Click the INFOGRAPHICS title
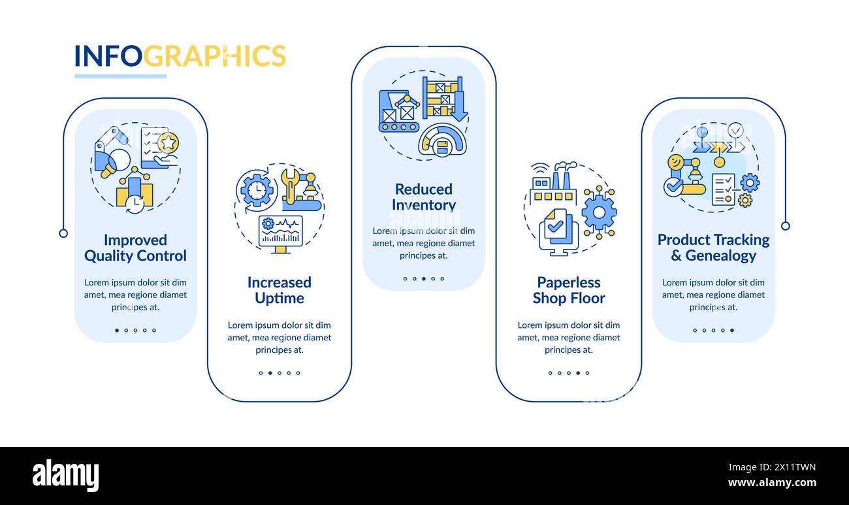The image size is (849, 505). [x=180, y=56]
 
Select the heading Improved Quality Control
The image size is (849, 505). [x=135, y=248]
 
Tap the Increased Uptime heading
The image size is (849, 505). [x=279, y=290]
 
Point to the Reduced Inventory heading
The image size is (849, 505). [x=423, y=197]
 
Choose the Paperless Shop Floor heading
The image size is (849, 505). [x=568, y=290]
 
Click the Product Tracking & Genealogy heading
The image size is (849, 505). [x=713, y=248]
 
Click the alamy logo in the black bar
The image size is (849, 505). [x=65, y=475]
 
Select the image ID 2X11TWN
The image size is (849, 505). [x=787, y=467]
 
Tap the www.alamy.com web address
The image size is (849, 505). [x=772, y=483]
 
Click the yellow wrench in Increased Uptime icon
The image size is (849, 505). [x=289, y=183]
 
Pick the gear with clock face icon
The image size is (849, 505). [x=257, y=190]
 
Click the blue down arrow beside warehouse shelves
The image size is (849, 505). [x=459, y=106]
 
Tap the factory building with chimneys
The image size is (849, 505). [x=554, y=183]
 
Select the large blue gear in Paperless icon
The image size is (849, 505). [x=598, y=212]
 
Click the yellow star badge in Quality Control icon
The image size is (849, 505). [x=168, y=142]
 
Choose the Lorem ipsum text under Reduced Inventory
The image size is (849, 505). [x=423, y=243]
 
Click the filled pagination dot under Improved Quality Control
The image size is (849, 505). [x=117, y=330]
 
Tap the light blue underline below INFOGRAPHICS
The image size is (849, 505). [x=120, y=76]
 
